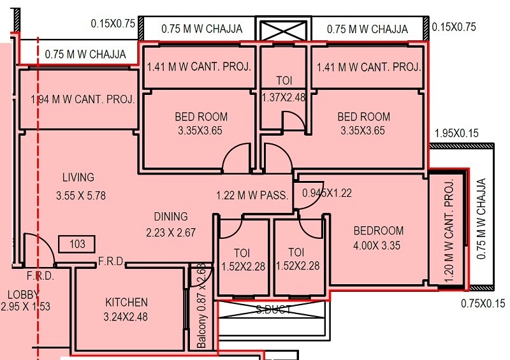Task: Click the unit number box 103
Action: pos(76,243)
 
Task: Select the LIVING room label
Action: pos(78,177)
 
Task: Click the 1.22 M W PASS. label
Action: pos(253,196)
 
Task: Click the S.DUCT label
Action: pos(274,310)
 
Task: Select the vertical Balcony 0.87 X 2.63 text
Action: pos(201,305)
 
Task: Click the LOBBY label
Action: pos(23,294)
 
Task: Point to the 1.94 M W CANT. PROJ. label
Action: pos(83,99)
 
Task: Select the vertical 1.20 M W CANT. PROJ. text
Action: pos(449,231)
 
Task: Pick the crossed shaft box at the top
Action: pos(283,29)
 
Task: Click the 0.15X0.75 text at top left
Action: pos(113,24)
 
